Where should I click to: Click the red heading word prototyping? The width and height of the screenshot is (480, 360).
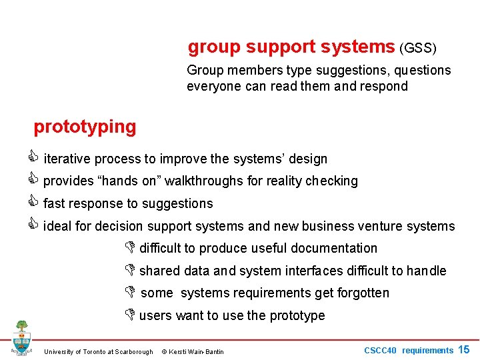coord(85,126)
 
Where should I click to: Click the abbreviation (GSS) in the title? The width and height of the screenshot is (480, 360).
coord(417,48)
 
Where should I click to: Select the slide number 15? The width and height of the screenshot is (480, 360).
coord(464,349)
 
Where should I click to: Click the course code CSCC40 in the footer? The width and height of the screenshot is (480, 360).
coord(381,350)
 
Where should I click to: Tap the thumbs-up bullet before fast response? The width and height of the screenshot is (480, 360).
coord(37,203)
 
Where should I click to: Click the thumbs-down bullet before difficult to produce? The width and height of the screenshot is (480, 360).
coord(130,248)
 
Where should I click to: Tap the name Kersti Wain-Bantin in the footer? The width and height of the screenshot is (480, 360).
coord(197,351)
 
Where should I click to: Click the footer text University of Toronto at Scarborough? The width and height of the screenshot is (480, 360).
coord(98,351)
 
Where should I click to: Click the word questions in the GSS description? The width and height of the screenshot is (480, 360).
coord(422,70)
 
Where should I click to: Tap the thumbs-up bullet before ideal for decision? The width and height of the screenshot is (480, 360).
coord(37,225)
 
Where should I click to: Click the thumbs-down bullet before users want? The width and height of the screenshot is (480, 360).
coord(130,315)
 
